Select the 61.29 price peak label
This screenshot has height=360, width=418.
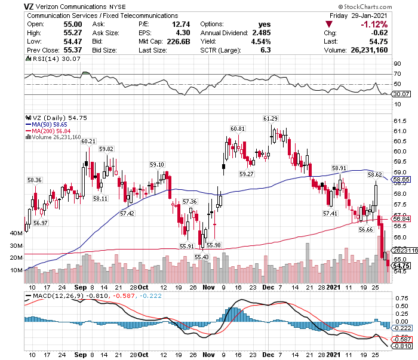tap(271, 118)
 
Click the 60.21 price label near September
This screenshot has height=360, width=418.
tap(88, 141)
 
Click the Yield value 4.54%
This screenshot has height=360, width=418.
tap(260, 42)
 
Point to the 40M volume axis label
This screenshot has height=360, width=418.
tap(16, 233)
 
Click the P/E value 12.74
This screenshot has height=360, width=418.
tap(179, 24)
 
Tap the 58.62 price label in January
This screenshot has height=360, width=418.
tap(374, 175)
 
